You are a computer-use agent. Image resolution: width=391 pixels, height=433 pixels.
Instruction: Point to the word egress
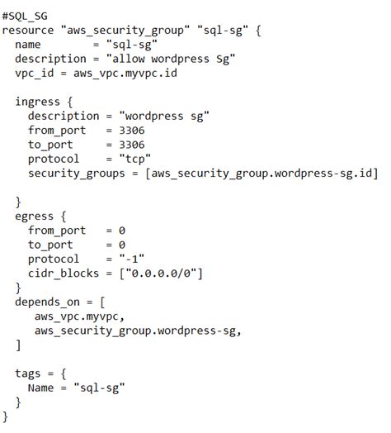tap(35, 216)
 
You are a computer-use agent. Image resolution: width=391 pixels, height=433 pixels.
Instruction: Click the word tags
tap(29, 373)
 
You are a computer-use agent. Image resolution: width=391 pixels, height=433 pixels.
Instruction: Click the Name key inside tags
tap(41, 387)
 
